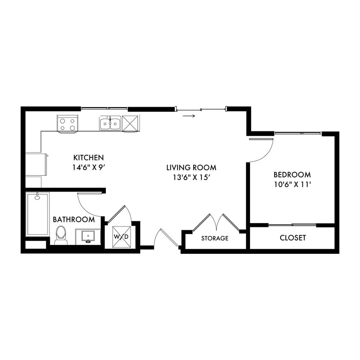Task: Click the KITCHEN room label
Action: tap(88, 157)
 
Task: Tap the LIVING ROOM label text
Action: tap(191, 168)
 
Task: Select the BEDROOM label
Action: tap(292, 174)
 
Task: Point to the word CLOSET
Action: tap(293, 238)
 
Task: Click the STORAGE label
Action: tap(215, 238)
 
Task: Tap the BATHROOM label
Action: tap(73, 220)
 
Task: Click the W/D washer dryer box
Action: tap(121, 236)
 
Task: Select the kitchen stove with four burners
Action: tap(67, 124)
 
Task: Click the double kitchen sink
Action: tap(110, 123)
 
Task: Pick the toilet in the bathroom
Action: tap(61, 235)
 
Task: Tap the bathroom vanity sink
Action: tap(88, 236)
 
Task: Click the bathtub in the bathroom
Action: tap(38, 214)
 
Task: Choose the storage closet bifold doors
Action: tap(217, 222)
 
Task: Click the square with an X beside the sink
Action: tap(131, 123)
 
